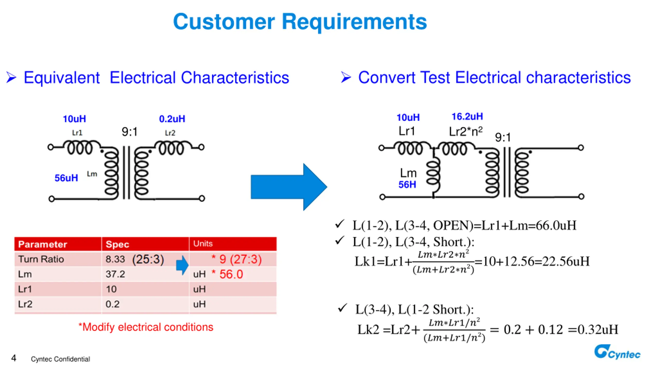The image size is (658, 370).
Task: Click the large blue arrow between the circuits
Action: tap(289, 187)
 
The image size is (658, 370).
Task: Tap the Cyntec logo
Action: tap(617, 352)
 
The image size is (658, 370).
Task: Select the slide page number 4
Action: tap(14, 358)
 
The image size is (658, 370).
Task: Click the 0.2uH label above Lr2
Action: tap(172, 119)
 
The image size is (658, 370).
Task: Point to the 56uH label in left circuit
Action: tap(66, 178)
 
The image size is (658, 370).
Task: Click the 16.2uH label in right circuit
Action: tap(467, 116)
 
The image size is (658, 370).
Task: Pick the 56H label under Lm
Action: tap(407, 184)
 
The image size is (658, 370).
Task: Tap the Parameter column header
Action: tap(43, 244)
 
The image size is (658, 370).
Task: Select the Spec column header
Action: tap(117, 244)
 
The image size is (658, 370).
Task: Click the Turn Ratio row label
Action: tap(41, 259)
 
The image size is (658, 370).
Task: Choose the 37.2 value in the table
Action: tap(115, 274)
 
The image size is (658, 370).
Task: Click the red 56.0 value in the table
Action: tap(231, 274)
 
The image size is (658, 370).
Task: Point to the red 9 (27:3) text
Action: tap(240, 259)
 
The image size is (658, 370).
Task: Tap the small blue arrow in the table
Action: tap(182, 265)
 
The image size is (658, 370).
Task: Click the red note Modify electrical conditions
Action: tap(146, 327)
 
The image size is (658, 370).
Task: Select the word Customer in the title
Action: tap(224, 22)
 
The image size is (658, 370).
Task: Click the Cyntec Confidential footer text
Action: tap(60, 359)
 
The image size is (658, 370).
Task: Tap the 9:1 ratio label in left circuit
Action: tap(130, 132)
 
